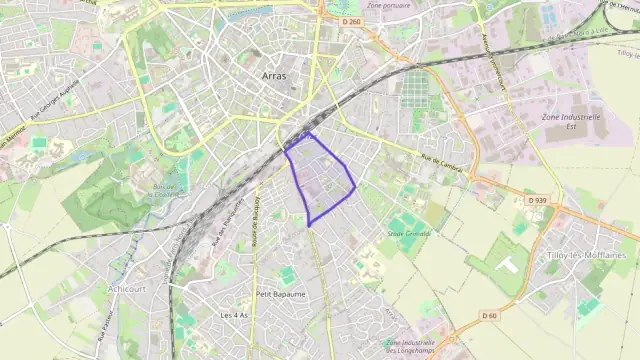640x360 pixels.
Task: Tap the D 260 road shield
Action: (x=350, y=21)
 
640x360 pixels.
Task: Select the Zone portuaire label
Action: (x=389, y=5)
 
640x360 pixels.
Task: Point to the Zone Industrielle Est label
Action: (x=570, y=121)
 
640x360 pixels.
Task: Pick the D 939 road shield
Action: (x=537, y=200)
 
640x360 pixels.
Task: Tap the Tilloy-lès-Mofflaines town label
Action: (x=586, y=256)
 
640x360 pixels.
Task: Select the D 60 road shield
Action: (x=489, y=316)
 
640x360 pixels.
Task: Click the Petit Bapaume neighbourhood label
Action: (x=281, y=294)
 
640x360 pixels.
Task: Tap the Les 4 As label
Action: (x=233, y=315)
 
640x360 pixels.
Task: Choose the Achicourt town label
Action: (x=127, y=288)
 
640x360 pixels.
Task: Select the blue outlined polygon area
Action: (x=320, y=180)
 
